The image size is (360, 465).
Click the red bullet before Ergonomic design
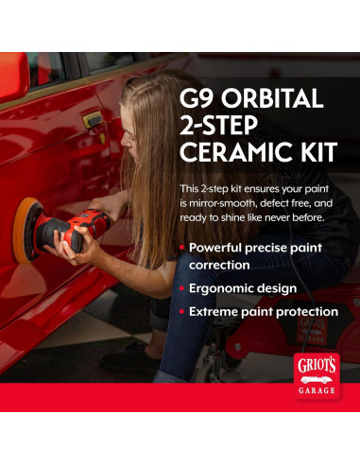182,288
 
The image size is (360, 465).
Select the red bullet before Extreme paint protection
182,311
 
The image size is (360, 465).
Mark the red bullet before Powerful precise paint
182,248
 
